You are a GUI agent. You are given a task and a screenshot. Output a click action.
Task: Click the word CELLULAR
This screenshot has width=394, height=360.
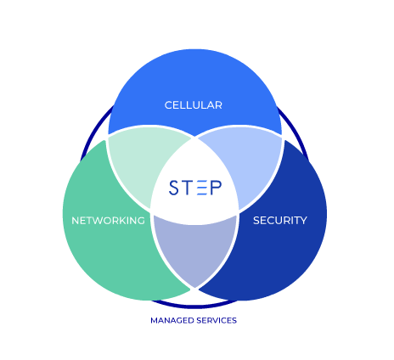(x=194, y=105)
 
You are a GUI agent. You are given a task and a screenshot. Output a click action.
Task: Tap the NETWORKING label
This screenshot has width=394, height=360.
(x=108, y=221)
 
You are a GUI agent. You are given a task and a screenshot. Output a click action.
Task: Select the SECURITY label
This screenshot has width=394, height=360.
(x=280, y=221)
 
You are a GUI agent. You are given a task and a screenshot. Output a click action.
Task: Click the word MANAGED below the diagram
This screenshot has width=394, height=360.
(x=172, y=320)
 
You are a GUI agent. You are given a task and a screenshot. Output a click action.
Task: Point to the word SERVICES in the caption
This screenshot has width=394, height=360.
(x=217, y=320)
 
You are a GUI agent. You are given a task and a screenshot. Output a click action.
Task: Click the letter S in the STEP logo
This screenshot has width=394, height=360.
(x=174, y=188)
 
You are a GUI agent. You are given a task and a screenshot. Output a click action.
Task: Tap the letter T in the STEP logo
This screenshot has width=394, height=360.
(x=188, y=188)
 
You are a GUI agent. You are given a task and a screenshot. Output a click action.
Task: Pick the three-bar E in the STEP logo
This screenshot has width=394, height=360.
(x=201, y=188)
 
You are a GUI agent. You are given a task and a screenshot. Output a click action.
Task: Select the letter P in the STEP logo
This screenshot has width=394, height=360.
(x=216, y=188)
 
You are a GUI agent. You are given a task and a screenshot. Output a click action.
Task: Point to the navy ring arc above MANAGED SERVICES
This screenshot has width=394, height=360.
(x=194, y=307)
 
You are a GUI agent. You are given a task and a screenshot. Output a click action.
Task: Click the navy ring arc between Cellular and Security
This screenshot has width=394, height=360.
(x=295, y=131)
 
